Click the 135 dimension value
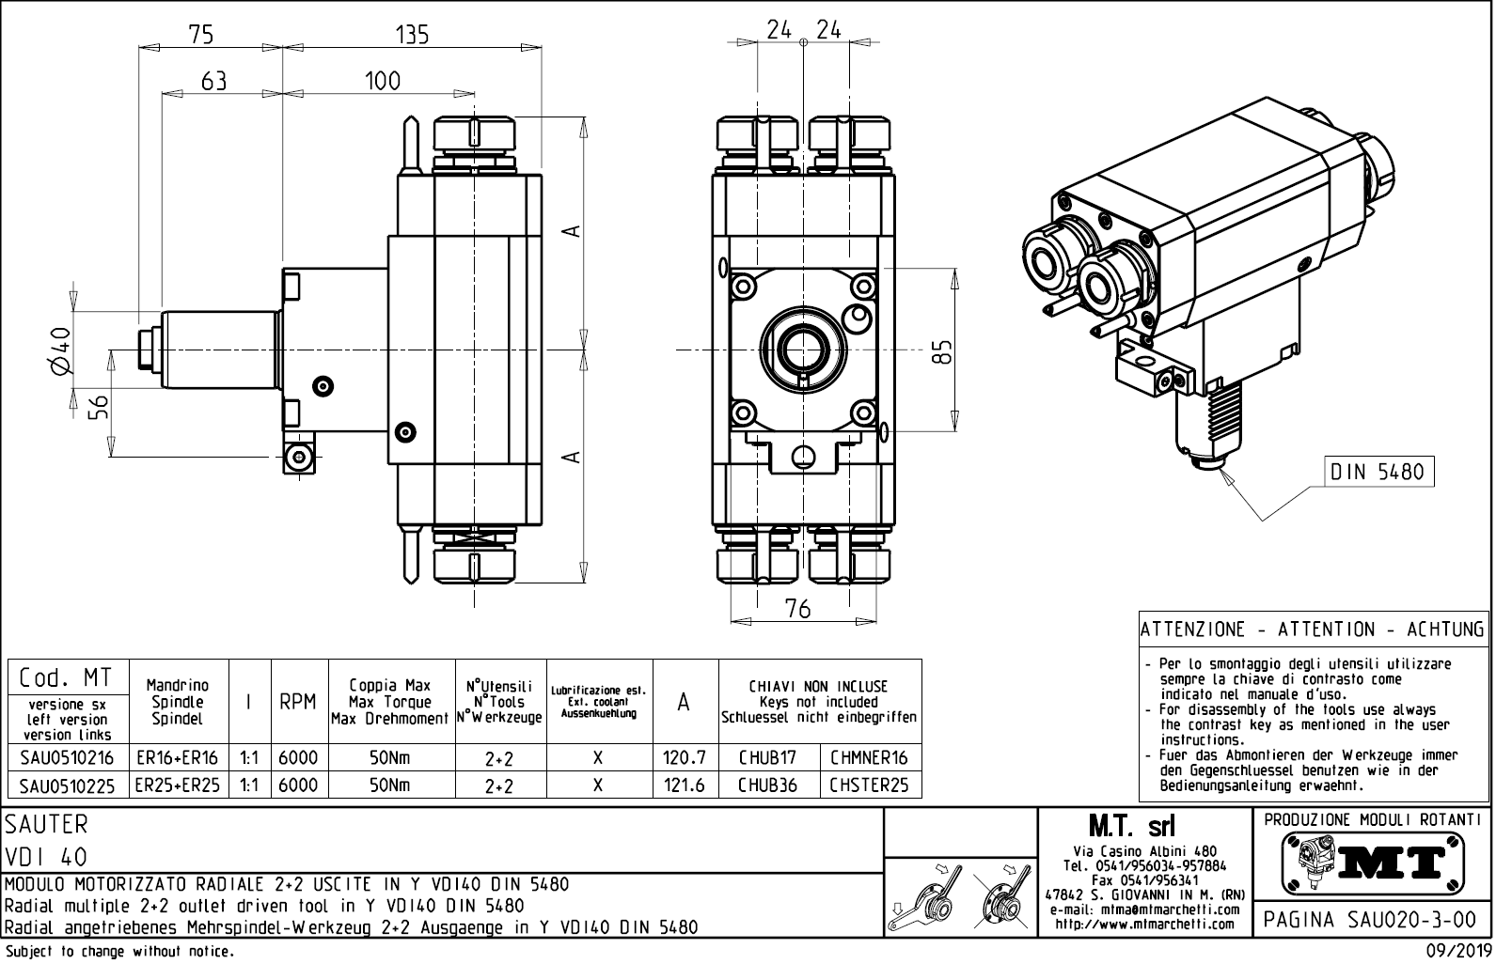412,35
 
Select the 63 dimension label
213,82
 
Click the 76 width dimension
797,609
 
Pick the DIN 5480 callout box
1378,471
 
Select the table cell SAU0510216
67,758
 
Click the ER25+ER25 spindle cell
177,785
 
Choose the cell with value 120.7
685,758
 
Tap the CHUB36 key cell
767,785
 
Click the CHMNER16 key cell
869,758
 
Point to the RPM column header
297,702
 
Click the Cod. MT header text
65,677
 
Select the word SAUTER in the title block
47,825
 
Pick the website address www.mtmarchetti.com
1144,925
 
